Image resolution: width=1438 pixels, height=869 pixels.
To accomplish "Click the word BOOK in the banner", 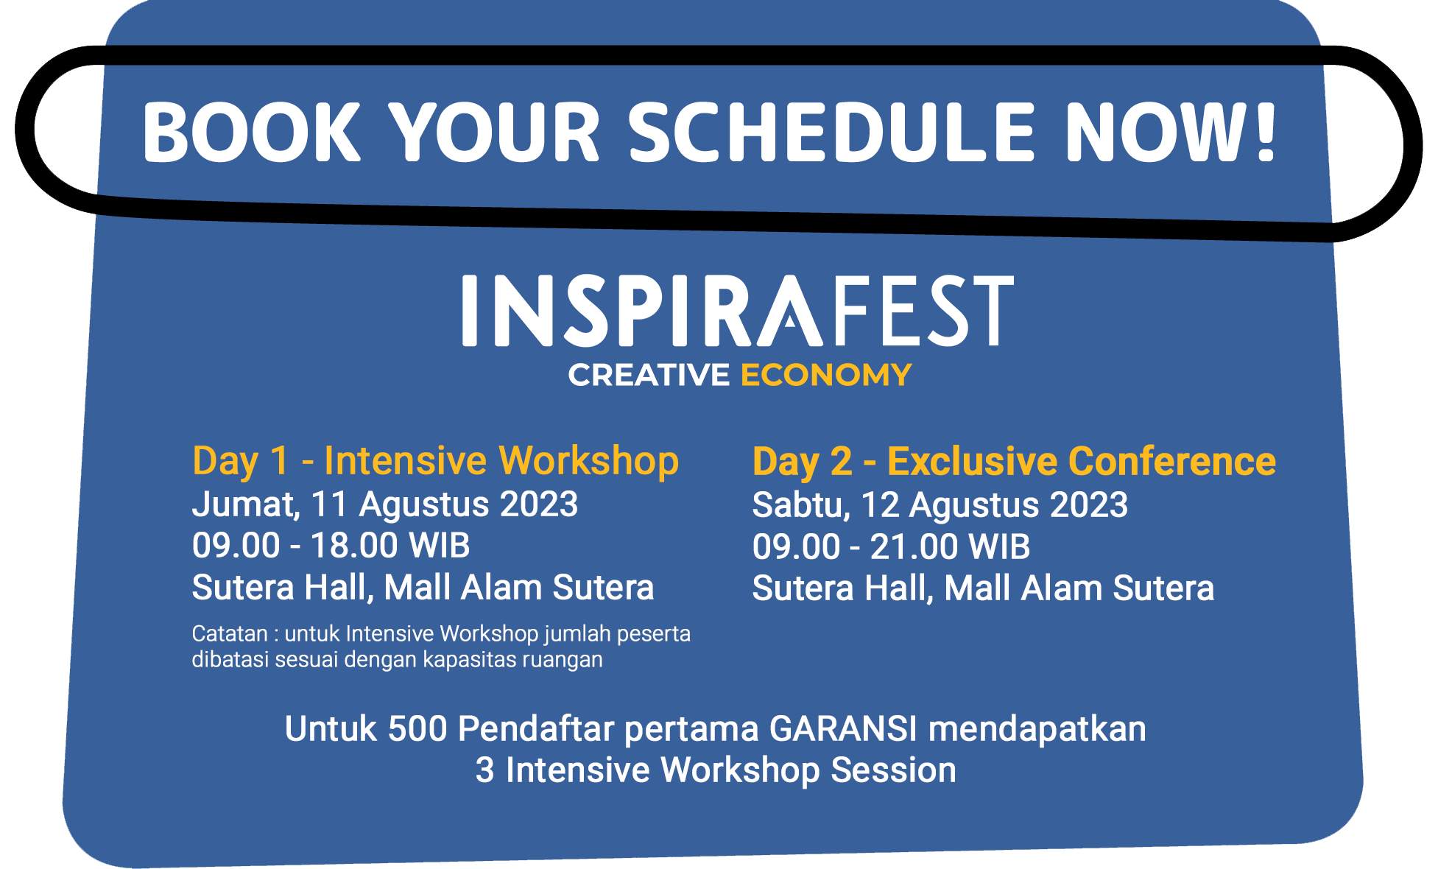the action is tap(251, 132).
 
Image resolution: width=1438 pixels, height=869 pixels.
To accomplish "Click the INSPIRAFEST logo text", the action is tap(738, 310).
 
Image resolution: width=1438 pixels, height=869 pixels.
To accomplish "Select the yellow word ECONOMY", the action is tap(826, 375).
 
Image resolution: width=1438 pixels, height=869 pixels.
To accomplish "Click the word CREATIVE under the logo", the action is tap(649, 375).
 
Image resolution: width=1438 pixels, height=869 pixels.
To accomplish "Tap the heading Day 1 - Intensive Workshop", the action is tap(435, 462).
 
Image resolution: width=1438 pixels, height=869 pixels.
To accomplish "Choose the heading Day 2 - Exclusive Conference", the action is tap(1014, 462).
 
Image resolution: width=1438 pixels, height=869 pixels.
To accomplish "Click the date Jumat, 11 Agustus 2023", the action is tap(385, 505).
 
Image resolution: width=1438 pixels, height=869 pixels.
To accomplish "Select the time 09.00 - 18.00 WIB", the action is tap(331, 546).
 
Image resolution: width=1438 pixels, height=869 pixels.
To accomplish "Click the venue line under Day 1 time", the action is tap(423, 588).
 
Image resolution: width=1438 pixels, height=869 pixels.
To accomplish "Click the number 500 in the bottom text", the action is tap(417, 729).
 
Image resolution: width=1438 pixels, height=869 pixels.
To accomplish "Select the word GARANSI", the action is tap(843, 729).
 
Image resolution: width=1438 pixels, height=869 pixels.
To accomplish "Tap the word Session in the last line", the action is tap(893, 770).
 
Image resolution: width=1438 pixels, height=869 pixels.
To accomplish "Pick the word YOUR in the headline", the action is tap(494, 132).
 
